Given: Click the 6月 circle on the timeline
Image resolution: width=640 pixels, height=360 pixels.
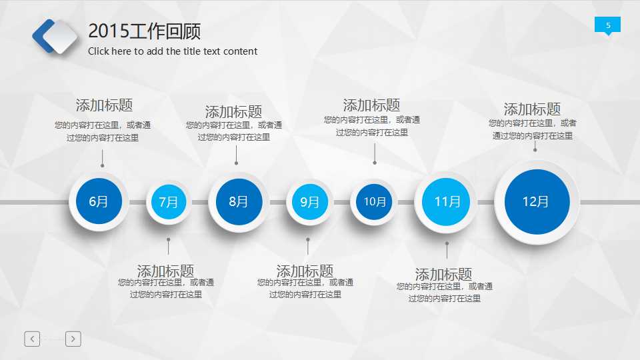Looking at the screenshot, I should coord(98,201).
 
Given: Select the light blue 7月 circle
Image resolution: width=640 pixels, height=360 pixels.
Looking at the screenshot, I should coord(169,201).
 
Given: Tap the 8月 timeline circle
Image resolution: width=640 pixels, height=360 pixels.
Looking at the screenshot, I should coord(238,201).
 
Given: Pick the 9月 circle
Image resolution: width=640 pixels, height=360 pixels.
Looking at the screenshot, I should coord(309,201).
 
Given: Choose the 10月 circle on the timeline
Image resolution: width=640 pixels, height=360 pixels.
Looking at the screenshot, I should coord(374,201).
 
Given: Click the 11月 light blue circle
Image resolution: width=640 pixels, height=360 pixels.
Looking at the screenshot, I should coord(447,201).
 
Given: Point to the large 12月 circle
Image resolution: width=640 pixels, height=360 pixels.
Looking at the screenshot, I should coord(536,201).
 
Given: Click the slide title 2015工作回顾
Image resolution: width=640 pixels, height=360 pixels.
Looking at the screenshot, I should coord(144,31).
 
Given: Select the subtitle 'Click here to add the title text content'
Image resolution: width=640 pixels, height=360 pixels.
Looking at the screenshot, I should coord(173,51).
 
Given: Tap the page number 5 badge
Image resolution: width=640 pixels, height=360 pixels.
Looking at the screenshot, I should coord(607,25).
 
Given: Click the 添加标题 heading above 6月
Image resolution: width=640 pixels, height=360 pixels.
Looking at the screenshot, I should coord(104,105).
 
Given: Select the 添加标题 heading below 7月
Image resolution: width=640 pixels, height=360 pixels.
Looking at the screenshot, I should coord(165,271).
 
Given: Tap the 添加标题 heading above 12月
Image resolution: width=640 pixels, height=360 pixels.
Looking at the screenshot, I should coord(532,109).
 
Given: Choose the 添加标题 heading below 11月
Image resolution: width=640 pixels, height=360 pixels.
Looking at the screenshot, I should coord(443,274).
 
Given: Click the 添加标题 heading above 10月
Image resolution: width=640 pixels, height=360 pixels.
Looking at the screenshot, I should coord(371,105).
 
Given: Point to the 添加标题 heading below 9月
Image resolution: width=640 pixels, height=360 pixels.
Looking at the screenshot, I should coord(305,271).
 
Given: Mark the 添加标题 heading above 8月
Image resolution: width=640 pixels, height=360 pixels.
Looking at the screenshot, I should coord(233,112).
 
